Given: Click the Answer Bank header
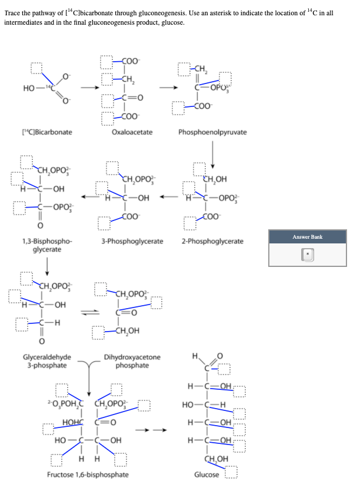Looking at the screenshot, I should click(x=308, y=236).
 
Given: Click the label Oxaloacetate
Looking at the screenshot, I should click(x=132, y=132).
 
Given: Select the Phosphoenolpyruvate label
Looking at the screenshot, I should click(x=212, y=132).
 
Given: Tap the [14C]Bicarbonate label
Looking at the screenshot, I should click(x=47, y=132).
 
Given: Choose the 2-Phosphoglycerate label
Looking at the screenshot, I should click(x=212, y=241).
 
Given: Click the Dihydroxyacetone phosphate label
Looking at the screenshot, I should click(x=132, y=361).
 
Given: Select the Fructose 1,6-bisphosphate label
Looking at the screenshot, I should click(x=88, y=474).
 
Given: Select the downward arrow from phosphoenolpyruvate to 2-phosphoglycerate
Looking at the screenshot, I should click(x=214, y=154).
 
